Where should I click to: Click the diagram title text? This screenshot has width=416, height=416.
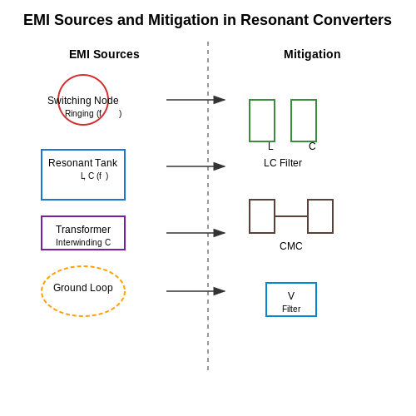207,20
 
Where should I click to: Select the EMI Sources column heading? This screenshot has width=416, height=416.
104,54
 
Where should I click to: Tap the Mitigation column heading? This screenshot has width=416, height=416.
312,54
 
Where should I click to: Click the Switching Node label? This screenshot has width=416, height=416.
83,101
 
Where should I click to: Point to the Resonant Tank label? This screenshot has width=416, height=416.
83,163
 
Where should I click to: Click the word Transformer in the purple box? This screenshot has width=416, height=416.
83,230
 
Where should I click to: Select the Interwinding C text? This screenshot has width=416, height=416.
83,242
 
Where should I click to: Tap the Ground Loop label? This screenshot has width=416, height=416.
83,288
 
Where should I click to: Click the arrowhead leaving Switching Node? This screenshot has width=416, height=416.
220,100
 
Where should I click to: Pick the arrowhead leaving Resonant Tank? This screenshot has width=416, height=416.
220,166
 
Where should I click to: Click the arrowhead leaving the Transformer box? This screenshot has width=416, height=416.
220,233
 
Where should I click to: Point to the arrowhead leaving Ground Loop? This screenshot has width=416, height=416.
220,291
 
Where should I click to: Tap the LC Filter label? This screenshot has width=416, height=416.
283,163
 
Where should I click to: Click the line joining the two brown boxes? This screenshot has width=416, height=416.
291,216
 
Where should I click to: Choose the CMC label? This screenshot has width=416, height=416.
291,246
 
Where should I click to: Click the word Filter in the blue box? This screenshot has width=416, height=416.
291,309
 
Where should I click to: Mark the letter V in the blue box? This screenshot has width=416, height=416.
291,296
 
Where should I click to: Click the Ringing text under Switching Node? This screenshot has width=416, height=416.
79,113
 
